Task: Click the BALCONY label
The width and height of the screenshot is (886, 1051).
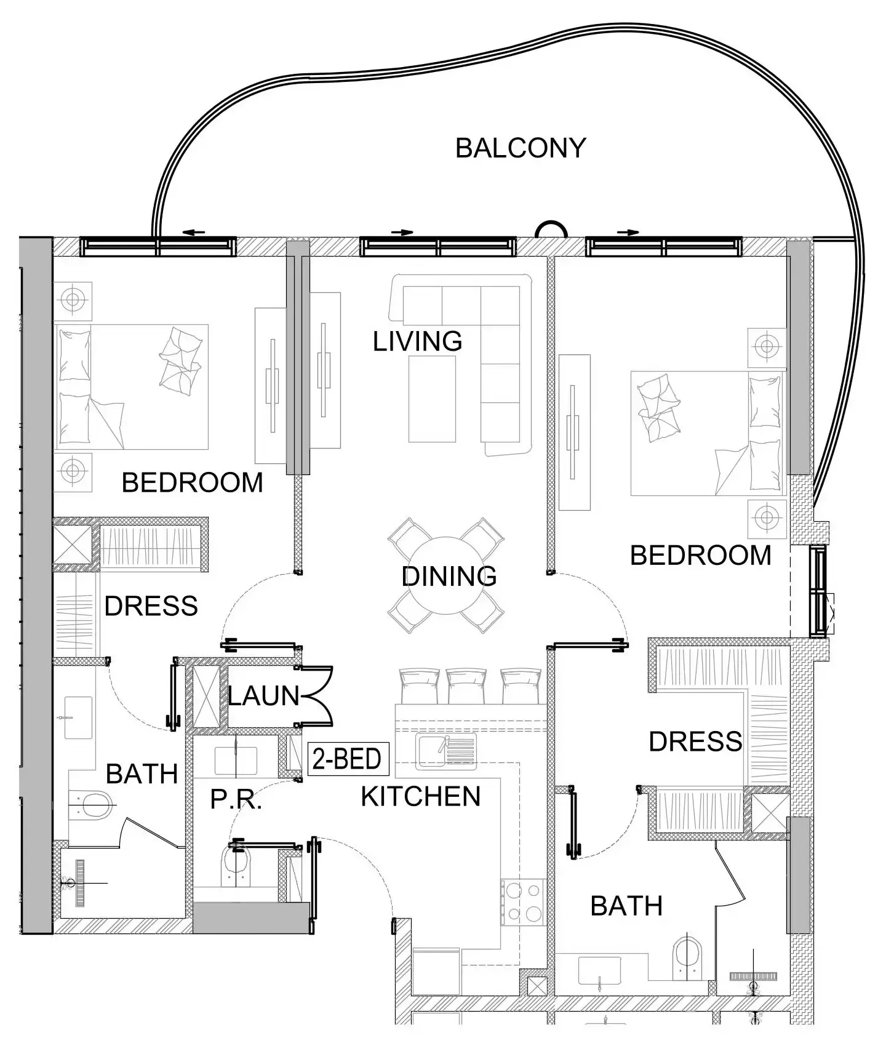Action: [520, 148]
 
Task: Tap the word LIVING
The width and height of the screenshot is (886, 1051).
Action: [417, 342]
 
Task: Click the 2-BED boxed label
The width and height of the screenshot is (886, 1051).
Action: [348, 759]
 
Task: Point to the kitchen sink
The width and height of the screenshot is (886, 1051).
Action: [445, 751]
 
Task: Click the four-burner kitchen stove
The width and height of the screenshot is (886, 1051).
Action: [523, 902]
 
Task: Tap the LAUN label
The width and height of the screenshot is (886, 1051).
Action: [263, 696]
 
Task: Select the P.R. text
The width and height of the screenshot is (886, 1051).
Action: [236, 799]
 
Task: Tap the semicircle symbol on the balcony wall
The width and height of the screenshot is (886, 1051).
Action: [550, 230]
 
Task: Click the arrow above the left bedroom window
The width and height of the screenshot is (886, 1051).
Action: [194, 233]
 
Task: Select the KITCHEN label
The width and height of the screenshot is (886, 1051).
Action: [420, 797]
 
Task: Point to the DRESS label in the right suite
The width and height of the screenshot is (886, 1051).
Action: [695, 741]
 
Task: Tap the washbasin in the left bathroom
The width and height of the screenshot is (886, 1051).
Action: [78, 717]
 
